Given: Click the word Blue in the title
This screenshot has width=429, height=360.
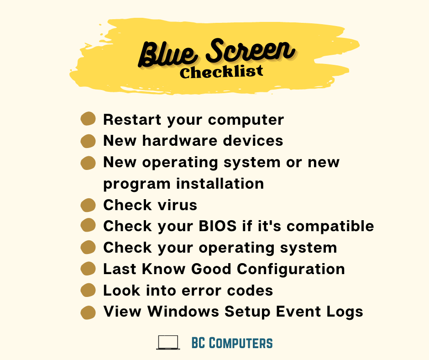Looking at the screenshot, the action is click(167, 54).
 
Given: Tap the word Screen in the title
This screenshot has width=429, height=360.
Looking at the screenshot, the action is click(251, 50).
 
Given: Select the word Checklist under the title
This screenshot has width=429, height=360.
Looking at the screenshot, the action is click(221, 72).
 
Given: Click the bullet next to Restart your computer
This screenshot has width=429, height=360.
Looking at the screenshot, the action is click(88, 119).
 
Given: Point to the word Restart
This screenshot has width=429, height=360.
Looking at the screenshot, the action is click(132, 119).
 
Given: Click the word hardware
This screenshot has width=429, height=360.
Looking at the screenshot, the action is click(180, 141).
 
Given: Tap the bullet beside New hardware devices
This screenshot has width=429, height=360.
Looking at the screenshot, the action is click(88, 141).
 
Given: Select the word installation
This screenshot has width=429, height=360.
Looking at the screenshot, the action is click(220, 183).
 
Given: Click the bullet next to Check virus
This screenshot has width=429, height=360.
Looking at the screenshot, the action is click(88, 205).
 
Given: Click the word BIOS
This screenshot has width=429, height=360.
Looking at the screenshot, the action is click(218, 226).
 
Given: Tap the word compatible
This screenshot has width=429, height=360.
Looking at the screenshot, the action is click(330, 226).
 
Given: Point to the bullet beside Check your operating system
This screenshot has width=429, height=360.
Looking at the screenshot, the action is click(88, 248).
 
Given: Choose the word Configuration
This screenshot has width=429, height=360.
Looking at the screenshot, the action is click(291, 269).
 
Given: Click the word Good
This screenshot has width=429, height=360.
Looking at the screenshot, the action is click(211, 269).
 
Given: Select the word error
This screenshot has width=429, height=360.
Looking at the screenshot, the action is click(201, 291).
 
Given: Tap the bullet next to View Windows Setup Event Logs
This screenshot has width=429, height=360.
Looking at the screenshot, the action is click(88, 312).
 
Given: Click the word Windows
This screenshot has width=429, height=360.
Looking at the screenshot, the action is click(183, 312).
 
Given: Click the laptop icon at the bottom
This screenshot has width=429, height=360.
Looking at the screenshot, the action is click(168, 343).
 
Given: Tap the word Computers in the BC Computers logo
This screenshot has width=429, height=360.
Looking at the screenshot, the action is click(241, 343).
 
